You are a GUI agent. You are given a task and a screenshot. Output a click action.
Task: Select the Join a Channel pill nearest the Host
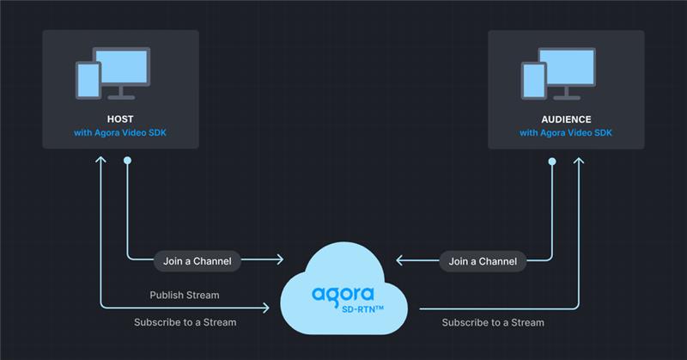(x=198, y=260)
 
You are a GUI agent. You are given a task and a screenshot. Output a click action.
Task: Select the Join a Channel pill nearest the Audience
(x=483, y=260)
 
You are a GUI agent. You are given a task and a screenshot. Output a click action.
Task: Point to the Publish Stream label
(x=185, y=295)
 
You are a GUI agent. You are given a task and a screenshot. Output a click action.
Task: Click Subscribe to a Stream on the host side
(x=185, y=322)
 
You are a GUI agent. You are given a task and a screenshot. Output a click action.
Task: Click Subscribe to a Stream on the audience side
(x=493, y=322)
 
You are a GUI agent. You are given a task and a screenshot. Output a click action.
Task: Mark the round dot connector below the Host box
(x=127, y=161)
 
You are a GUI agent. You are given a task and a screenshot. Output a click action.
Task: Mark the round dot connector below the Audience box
(x=552, y=161)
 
